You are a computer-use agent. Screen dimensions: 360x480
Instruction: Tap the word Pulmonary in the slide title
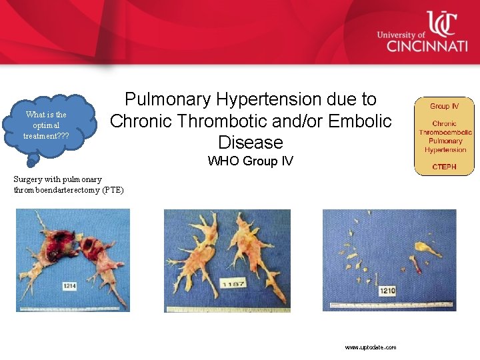[x=169, y=99]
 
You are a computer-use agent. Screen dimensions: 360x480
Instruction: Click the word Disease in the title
[x=251, y=142]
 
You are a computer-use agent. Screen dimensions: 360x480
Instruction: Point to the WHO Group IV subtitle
[x=250, y=161]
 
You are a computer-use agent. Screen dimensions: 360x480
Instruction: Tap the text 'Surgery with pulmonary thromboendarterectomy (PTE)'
[x=69, y=185]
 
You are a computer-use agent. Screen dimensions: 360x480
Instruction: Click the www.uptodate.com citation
[x=371, y=347]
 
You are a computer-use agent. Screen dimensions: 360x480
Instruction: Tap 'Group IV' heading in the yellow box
[x=444, y=106]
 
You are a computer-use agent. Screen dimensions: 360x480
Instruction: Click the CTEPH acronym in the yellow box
[x=444, y=167]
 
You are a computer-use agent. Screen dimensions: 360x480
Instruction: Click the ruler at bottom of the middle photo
[x=227, y=309]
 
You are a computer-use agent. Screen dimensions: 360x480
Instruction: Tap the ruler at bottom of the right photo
[x=389, y=307]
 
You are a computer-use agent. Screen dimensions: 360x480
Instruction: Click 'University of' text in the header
[x=400, y=35]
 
